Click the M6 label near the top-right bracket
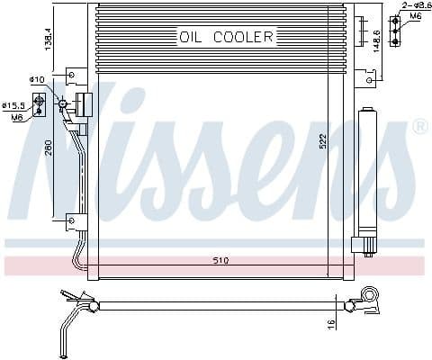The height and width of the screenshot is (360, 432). pyautogui.click(x=416, y=16)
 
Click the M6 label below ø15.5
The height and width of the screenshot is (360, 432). pyautogui.click(x=16, y=117)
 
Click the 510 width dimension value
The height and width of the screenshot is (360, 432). pyautogui.click(x=220, y=261)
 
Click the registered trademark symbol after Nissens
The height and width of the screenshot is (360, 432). pyautogui.click(x=419, y=127)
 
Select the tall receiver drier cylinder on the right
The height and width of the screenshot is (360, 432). pyautogui.click(x=366, y=171)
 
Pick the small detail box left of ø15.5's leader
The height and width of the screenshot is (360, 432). pyautogui.click(x=39, y=105)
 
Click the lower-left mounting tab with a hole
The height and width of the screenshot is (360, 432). pyautogui.click(x=72, y=218)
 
